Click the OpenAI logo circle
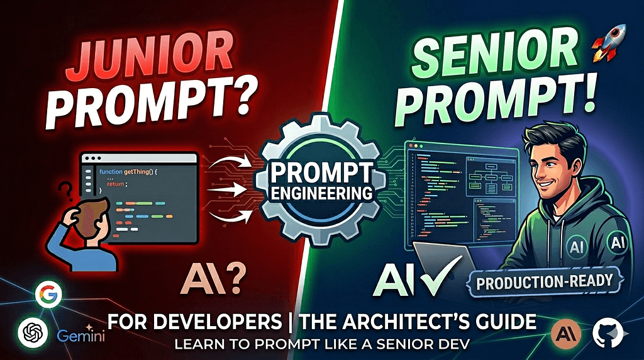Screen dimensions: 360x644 (x=30, y=330)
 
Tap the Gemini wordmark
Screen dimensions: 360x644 (x=80, y=335)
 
